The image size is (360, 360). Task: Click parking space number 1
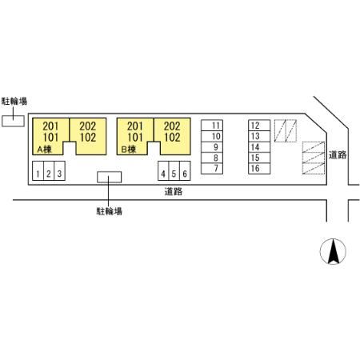(38, 171)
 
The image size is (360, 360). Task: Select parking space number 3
(60, 171)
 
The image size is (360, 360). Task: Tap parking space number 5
(174, 171)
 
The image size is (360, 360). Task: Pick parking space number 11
(212, 126)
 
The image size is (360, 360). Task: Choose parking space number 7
(212, 169)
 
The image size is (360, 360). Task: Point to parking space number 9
(212, 147)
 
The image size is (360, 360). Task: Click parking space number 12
(259, 126)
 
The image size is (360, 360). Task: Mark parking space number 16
(259, 169)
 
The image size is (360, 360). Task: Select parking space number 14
(259, 147)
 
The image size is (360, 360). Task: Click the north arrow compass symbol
(333, 251)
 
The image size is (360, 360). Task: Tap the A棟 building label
(44, 150)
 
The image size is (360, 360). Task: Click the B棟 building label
(129, 150)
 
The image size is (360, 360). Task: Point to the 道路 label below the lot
(174, 191)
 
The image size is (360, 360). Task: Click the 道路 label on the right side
(338, 155)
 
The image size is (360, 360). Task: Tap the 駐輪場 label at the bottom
(109, 211)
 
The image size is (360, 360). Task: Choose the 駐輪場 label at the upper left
(14, 102)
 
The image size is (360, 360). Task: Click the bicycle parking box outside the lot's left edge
(13, 121)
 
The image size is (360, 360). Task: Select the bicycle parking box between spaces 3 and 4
(109, 177)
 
